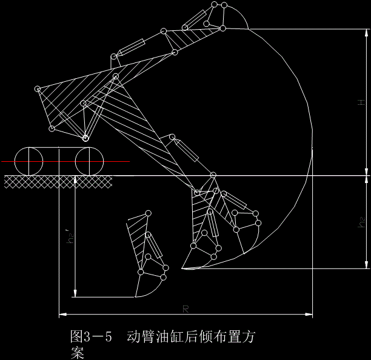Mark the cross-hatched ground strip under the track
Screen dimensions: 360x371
coord(58,181)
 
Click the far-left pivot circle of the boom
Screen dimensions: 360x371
coord(38,90)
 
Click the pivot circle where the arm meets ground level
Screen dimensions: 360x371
coord(213,175)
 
